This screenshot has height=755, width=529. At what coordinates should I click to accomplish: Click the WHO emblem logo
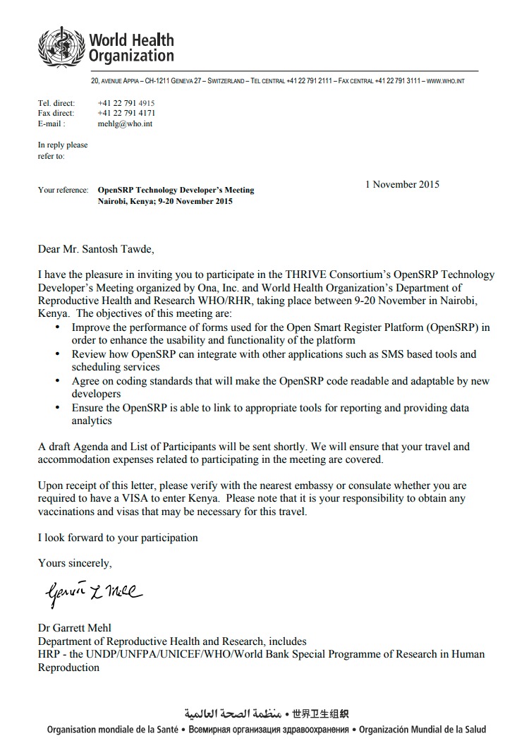pos(61,47)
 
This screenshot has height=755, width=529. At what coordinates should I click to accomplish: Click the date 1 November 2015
pos(402,185)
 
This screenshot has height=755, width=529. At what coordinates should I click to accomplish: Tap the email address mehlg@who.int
pos(125,123)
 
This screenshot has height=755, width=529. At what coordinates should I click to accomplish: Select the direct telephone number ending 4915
pos(126,103)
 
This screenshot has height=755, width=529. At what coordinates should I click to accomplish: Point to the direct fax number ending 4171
pos(126,113)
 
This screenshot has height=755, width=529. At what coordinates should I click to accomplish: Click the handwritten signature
pos(92,594)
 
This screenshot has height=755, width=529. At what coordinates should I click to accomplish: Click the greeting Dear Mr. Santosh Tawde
pos(95,249)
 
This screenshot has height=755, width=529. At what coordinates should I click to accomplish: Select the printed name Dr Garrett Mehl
pos(74,628)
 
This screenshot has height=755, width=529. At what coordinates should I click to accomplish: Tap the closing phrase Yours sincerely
pos(75,563)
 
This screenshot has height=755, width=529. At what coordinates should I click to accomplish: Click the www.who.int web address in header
pos(445,81)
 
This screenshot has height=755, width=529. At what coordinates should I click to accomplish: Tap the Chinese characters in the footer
pos(321,713)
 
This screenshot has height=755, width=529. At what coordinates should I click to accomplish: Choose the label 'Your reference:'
pos(63,191)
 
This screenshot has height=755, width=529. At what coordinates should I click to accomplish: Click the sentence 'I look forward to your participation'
pos(118,538)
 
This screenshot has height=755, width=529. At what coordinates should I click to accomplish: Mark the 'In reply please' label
pos(63,145)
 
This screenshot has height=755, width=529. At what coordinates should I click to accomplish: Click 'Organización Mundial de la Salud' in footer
pos(422,730)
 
